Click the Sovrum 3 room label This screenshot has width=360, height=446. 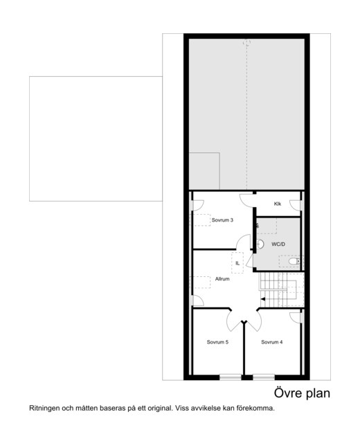pos(222,220)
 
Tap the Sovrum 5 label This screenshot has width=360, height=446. pos(217,342)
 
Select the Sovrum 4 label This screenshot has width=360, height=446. pos(272,342)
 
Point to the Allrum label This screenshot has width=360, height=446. pos(222,278)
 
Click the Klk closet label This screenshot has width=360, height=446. pos(278,204)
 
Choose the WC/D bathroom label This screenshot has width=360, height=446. pos(278,244)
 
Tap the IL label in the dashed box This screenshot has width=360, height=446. pos(237,263)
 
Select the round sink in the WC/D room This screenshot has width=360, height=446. pos(260,244)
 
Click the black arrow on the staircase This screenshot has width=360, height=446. pos(263,299)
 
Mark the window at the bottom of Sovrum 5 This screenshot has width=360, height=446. pos(231,377)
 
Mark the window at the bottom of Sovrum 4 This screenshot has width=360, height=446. pos(264,377)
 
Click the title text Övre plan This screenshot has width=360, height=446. pos(302,393)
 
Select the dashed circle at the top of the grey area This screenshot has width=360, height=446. pos(247,43)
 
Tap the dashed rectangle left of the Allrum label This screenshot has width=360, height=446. pos(201,283)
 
